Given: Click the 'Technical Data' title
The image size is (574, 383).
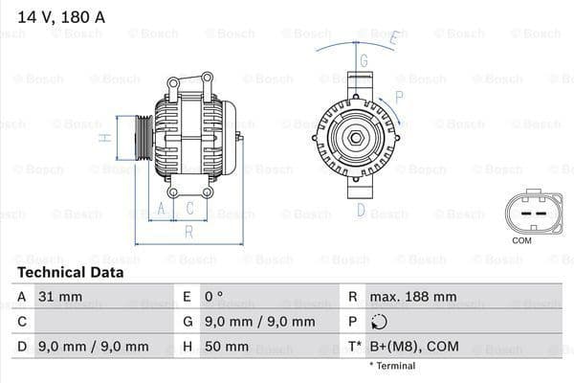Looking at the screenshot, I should pos(71,272).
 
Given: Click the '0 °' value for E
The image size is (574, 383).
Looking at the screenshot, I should pos(213,297).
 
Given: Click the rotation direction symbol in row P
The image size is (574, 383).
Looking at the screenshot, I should pos(381,322).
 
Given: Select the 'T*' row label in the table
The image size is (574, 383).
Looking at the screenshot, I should pos(354,347).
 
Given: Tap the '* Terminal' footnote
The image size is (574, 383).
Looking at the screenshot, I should pos(392,366).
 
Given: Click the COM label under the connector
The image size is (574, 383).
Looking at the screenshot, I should pos(521,240).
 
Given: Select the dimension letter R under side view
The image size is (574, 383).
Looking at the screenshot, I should pos(188,232).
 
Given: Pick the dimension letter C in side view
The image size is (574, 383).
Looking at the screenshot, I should pos(189,207).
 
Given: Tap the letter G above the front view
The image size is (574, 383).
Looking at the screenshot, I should pos(364,60).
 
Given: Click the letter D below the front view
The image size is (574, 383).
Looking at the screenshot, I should pos(362,210).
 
